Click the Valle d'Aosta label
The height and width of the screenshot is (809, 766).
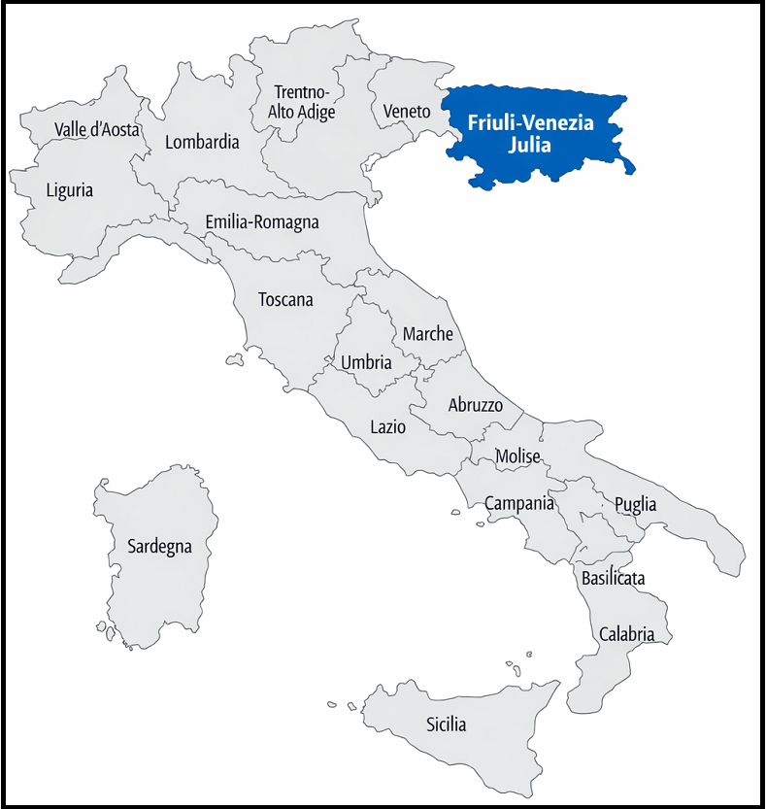point(97,129)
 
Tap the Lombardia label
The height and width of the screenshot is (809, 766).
point(202,142)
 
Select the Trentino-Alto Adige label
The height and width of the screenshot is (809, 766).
point(302,102)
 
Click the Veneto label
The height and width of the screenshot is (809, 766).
point(407,111)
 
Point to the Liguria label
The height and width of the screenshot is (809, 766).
point(70,189)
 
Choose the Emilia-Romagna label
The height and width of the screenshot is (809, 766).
point(262,222)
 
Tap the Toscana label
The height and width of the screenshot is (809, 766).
point(285,299)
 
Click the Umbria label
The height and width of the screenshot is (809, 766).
point(366,362)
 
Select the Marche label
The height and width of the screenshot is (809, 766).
point(428,333)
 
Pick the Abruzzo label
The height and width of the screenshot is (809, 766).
point(476,405)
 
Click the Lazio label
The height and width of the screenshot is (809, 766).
point(388,425)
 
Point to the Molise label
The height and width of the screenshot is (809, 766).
point(517,455)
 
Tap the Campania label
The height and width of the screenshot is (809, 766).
point(519,503)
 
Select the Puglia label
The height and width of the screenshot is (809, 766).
point(635,504)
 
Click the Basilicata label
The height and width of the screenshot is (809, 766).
point(614,578)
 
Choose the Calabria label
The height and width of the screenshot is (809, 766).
point(626,634)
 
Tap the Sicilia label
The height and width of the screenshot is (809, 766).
point(447,725)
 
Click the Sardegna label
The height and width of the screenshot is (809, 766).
point(160,546)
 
